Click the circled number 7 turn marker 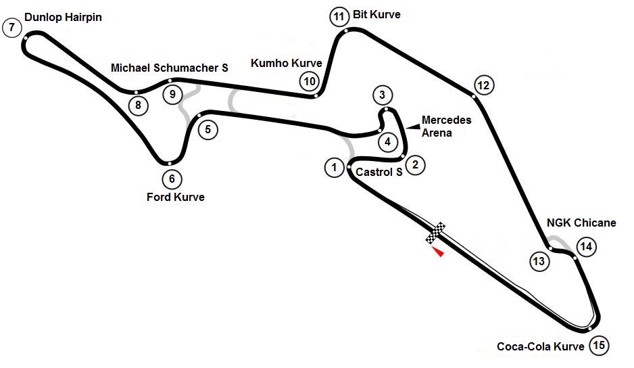(11, 28)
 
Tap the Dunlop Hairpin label (63, 17)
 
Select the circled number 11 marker (339, 16)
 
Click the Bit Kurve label (376, 14)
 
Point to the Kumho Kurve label (287, 63)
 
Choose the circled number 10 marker (309, 82)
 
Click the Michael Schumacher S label (170, 68)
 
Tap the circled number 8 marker (138, 105)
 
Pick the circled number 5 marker (172, 94)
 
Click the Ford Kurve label (176, 197)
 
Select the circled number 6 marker (172, 179)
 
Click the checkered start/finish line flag (436, 232)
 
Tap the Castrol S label (379, 172)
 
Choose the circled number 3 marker (382, 94)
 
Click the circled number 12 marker (484, 85)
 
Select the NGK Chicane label (581, 223)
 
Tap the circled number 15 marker (598, 346)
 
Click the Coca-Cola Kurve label (540, 346)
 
